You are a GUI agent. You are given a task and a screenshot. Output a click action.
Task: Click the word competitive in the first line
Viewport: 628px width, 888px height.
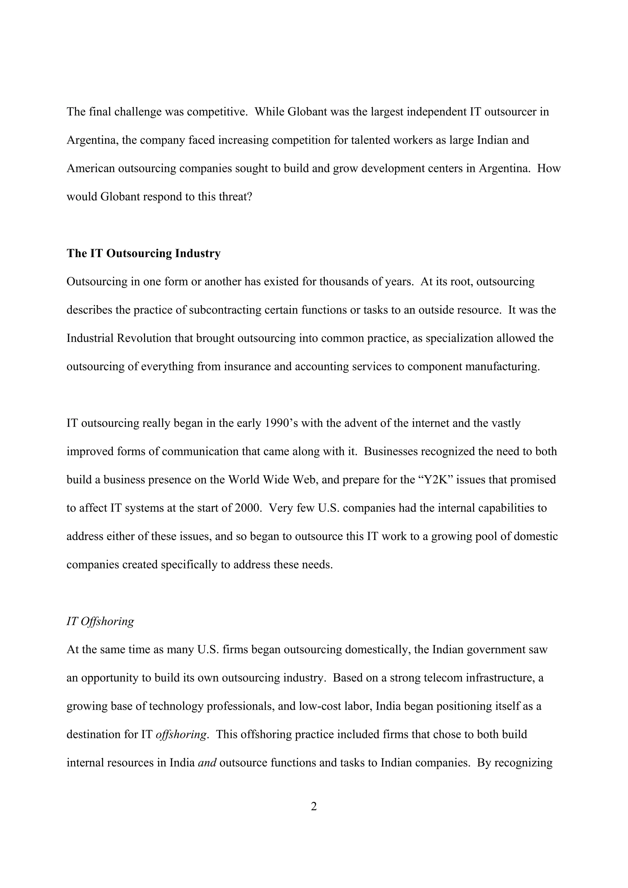(217, 112)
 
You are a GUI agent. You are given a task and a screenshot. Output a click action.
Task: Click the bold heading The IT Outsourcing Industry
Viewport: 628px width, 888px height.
(144, 253)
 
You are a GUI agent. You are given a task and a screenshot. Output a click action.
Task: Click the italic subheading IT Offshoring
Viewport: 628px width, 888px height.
(100, 621)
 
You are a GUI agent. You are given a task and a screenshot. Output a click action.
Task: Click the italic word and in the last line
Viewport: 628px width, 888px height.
(207, 763)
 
